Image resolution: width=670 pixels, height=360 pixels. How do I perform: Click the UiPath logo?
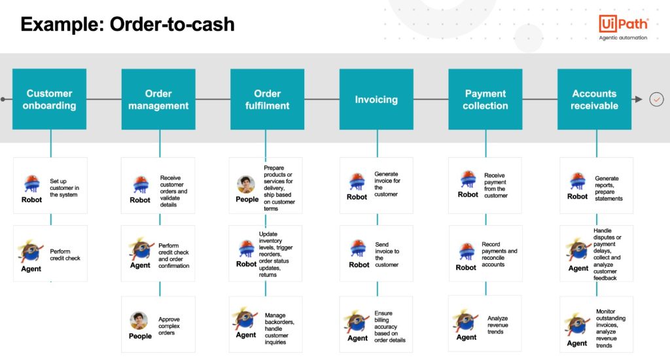[623, 27]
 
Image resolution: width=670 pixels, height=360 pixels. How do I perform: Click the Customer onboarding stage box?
[50, 99]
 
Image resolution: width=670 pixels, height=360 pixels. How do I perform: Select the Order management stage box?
[158, 99]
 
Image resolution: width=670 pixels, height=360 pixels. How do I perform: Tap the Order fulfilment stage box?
[268, 99]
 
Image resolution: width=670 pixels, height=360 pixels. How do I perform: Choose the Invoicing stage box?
[376, 99]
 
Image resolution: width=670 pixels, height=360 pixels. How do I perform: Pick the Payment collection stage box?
[485, 99]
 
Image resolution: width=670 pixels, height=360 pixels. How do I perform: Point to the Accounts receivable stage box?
[594, 99]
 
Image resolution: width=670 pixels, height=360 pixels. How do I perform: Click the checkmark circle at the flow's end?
[656, 99]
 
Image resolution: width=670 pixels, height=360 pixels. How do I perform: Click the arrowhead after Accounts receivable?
[639, 99]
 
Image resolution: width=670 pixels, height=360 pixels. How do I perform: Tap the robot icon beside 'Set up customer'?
[32, 183]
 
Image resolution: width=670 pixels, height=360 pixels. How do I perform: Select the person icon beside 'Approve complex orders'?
[139, 321]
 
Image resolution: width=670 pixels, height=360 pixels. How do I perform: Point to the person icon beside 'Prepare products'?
[246, 185]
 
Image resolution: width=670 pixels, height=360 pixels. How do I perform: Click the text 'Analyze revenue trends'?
[497, 325]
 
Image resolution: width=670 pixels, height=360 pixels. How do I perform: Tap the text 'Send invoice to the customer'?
[387, 255]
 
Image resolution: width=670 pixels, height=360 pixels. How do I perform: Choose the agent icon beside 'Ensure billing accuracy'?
[357, 322]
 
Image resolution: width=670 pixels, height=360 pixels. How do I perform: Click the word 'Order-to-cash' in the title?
[172, 24]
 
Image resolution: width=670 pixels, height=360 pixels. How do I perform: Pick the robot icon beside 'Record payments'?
[467, 251]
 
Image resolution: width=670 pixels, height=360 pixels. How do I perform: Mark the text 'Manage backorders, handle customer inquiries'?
[279, 329]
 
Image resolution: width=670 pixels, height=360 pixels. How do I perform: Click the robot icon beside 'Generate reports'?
[577, 181]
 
